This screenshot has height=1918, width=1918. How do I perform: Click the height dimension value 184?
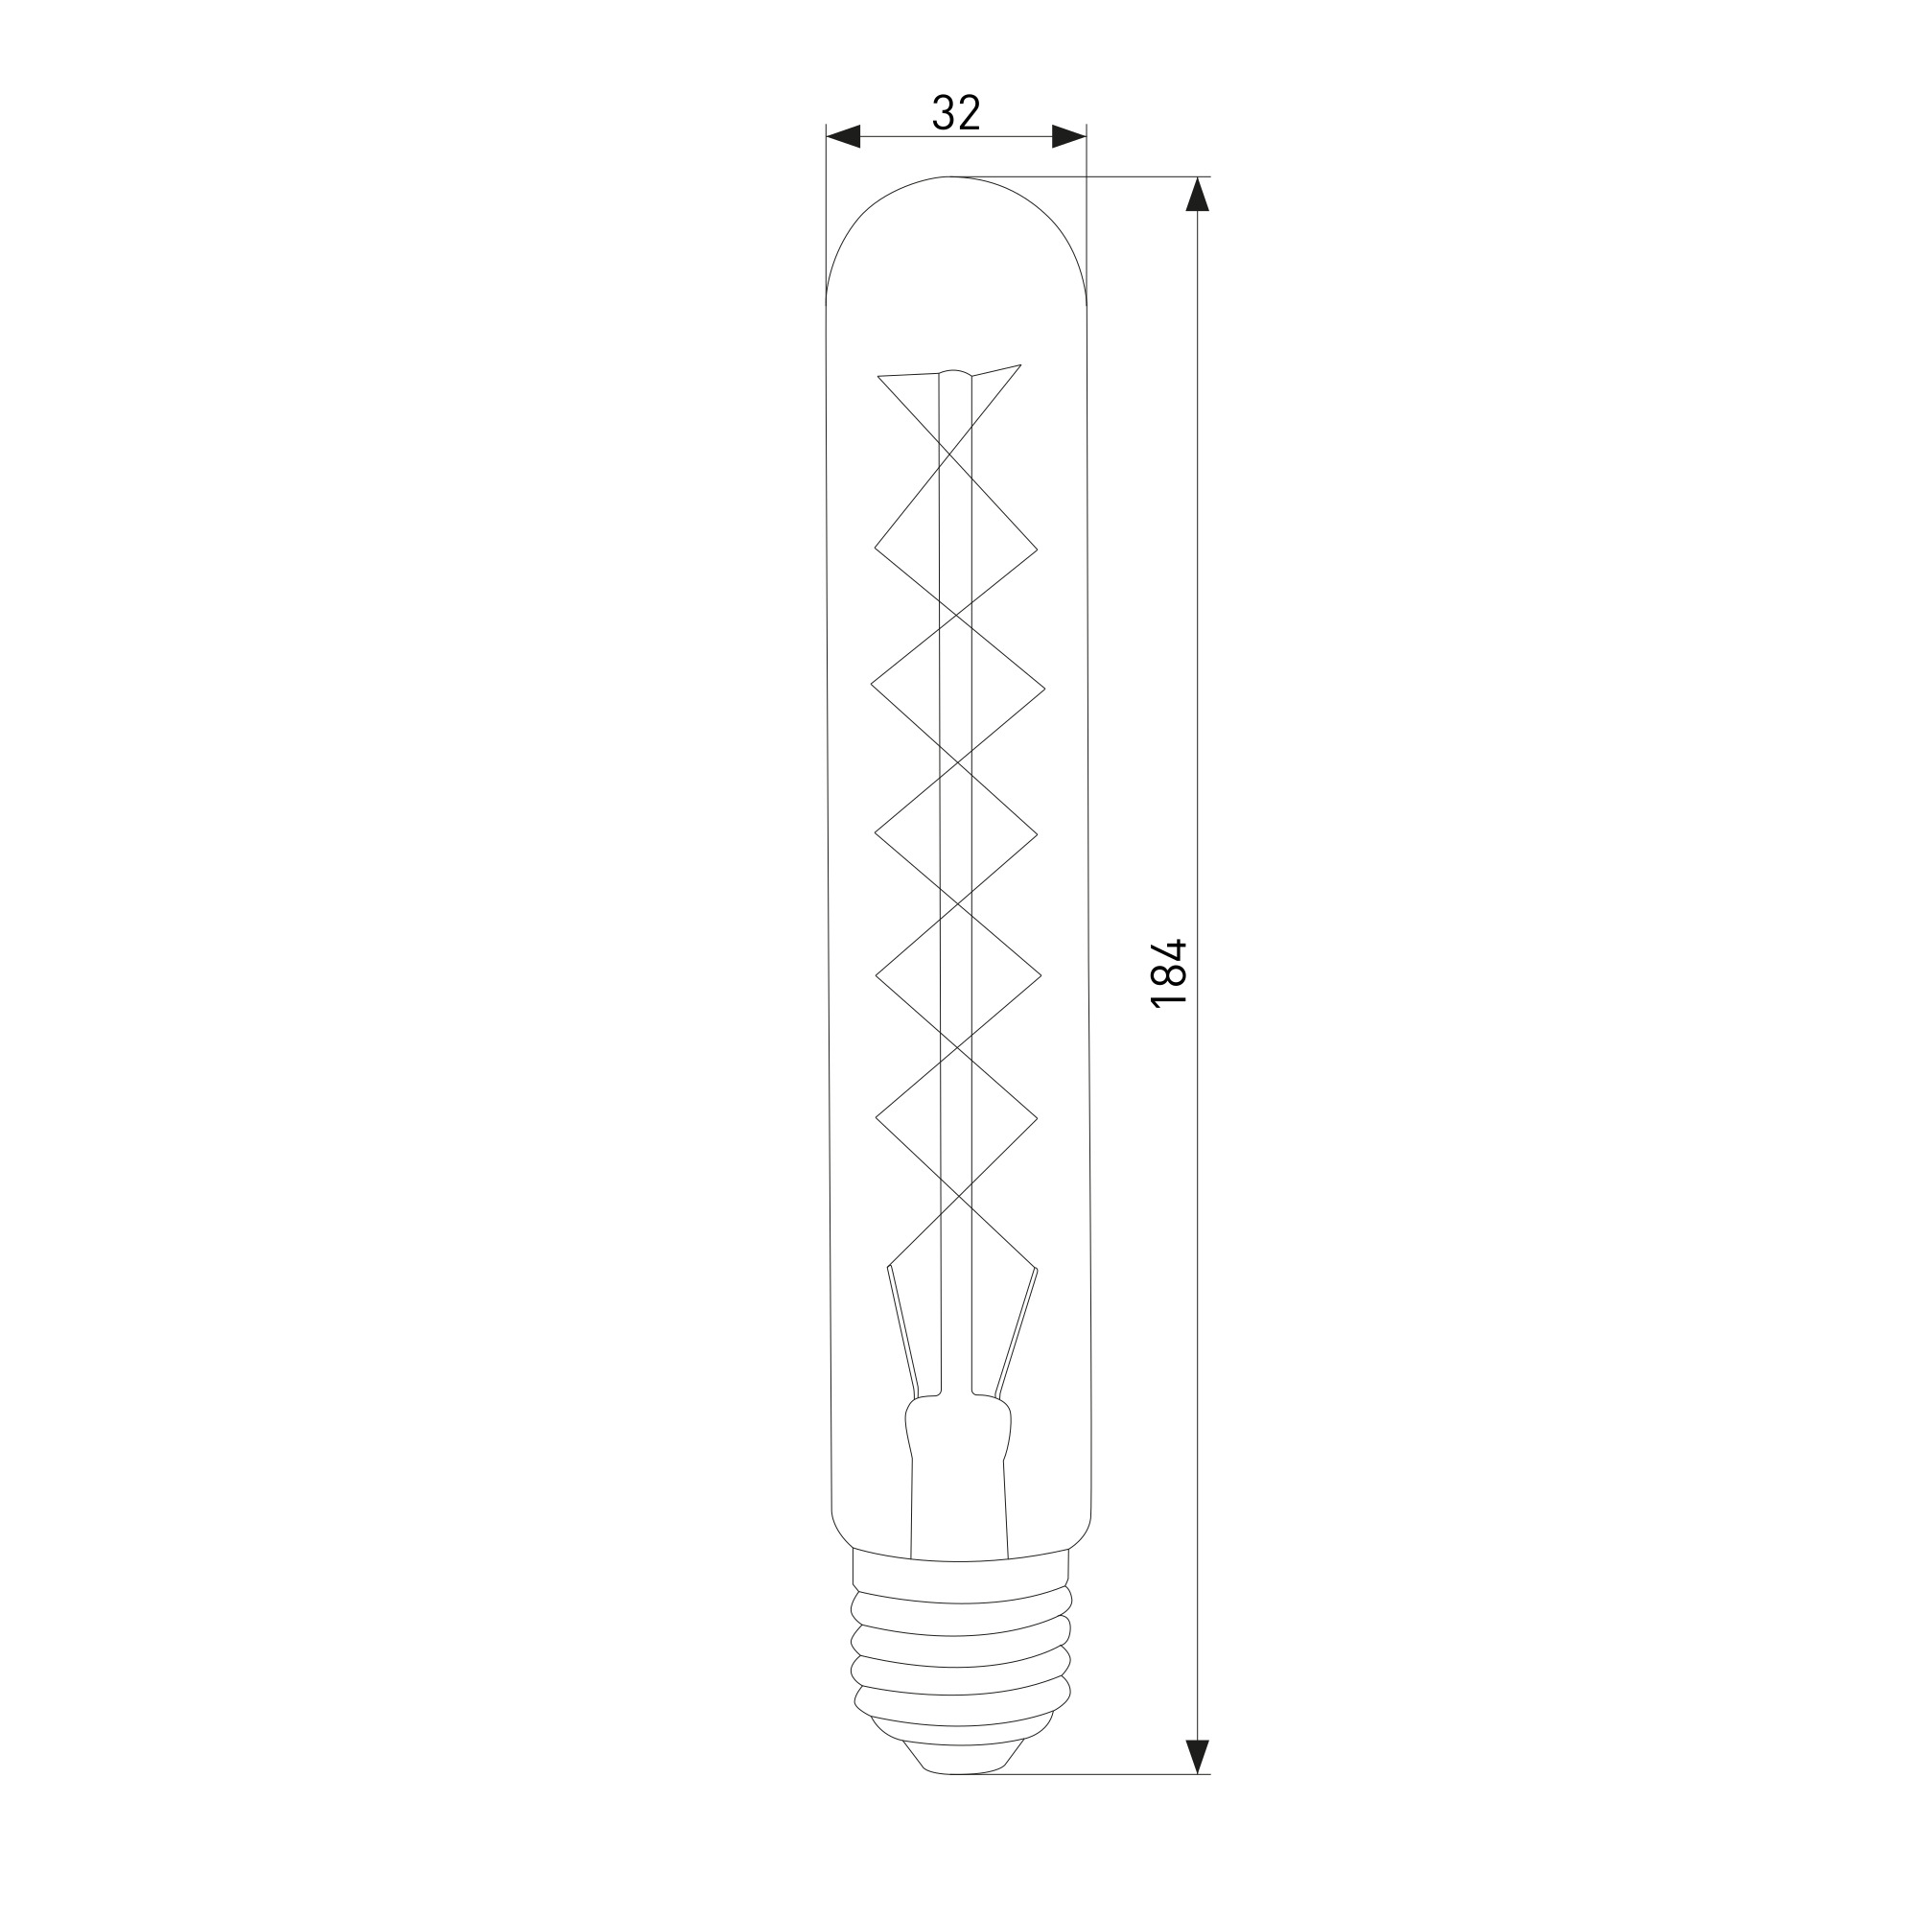coord(1168,972)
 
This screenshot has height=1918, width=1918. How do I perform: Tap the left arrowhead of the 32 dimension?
coord(843,137)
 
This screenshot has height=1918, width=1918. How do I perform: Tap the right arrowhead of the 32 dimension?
coord(1069,137)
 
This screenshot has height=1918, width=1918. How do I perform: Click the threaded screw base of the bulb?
coord(961,1668)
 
